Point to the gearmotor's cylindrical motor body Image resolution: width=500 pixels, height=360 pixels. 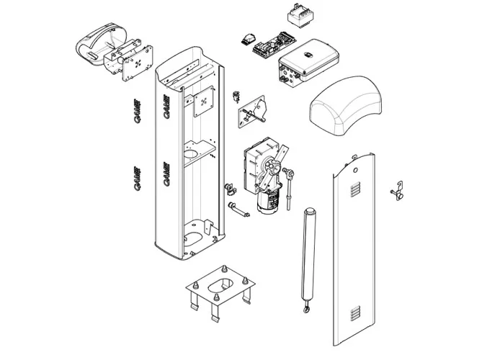[x=269, y=201]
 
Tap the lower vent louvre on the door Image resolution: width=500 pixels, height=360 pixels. [x=353, y=314]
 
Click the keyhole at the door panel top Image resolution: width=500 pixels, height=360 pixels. [x=355, y=171]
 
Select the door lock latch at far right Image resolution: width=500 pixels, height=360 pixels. [x=397, y=192]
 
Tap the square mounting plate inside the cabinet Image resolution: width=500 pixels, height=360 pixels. [x=203, y=102]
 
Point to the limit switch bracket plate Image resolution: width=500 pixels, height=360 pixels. [x=253, y=112]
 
